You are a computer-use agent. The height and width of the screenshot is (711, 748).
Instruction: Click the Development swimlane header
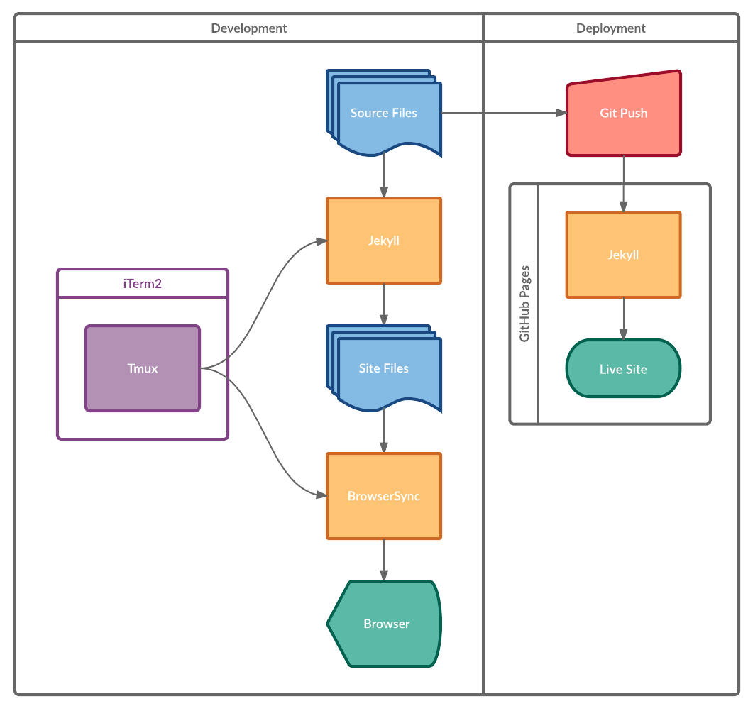click(x=249, y=28)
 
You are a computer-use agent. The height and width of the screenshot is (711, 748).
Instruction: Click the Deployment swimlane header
click(x=610, y=28)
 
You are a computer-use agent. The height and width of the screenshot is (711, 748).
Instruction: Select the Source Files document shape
click(x=384, y=114)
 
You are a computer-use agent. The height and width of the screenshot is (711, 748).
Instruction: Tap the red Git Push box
click(x=623, y=114)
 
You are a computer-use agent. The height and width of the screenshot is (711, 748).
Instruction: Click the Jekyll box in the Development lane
click(x=384, y=241)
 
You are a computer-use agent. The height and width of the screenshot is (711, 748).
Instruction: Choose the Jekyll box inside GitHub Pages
click(x=623, y=255)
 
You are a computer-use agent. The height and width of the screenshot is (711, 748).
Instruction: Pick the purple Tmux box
click(x=143, y=368)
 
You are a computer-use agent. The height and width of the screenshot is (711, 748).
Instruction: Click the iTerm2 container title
click(x=143, y=284)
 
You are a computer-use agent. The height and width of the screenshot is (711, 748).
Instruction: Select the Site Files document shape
click(x=384, y=368)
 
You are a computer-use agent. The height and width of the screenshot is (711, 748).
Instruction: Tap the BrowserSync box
click(x=384, y=496)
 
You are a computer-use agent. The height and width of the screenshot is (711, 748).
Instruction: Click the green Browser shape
click(x=385, y=624)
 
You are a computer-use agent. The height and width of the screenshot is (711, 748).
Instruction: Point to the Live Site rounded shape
click(x=623, y=369)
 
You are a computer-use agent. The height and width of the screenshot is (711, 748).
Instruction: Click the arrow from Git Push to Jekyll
click(x=624, y=183)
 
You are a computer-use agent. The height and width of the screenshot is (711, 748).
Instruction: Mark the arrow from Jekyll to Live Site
click(x=624, y=318)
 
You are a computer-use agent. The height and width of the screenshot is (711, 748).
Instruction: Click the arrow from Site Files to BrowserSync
click(x=384, y=431)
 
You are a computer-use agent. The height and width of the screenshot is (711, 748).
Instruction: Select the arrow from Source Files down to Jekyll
click(x=384, y=175)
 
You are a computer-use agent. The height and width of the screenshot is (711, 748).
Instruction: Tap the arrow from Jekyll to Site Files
click(x=384, y=304)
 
